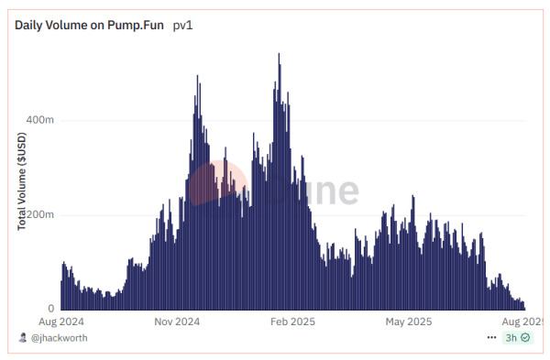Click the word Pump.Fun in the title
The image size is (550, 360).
(136, 26)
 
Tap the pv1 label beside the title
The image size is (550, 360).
(183, 26)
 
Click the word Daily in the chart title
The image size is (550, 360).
(30, 26)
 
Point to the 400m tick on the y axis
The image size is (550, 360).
(39, 120)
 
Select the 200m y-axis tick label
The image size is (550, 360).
(39, 215)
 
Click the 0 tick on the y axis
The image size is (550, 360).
(51, 310)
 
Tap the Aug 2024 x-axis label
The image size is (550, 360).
(61, 322)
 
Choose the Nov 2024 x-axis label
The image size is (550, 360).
(177, 322)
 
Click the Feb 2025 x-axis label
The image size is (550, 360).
(293, 322)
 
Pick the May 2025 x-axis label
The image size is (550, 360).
(408, 322)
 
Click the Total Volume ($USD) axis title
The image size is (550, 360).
(22, 181)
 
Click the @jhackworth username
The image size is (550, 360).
(60, 338)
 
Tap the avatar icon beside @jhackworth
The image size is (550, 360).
(23, 338)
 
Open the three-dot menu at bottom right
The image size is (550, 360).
(492, 338)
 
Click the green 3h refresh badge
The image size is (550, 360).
(517, 338)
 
